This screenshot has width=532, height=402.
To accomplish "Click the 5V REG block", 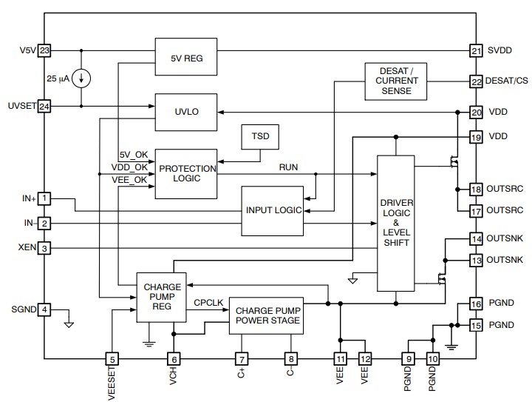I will [185, 56].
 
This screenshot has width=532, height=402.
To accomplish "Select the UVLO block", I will [185, 111].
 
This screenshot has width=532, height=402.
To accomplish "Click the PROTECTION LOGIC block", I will [185, 173].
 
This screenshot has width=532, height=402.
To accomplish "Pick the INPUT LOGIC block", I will [273, 210].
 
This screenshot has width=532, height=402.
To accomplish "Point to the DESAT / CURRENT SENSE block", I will [397, 80].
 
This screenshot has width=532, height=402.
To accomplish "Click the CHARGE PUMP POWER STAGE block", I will [266, 315].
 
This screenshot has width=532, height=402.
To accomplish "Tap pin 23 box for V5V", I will [45, 51].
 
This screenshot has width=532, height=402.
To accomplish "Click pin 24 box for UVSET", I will [45, 106].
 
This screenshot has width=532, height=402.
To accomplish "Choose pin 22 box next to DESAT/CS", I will [476, 81].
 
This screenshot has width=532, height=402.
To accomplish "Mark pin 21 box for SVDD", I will [476, 51].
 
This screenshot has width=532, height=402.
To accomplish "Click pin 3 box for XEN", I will [45, 249].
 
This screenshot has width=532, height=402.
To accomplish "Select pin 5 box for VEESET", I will [112, 358].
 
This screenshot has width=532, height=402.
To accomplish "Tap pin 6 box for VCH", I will [174, 358].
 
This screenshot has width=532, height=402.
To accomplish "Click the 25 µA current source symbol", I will [81, 78].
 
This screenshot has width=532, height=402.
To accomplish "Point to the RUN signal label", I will [288, 167].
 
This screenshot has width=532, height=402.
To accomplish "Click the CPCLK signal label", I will [208, 303].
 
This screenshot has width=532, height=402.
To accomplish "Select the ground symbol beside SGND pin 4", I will [69, 324].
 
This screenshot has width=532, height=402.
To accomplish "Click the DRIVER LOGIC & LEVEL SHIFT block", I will [396, 223].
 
